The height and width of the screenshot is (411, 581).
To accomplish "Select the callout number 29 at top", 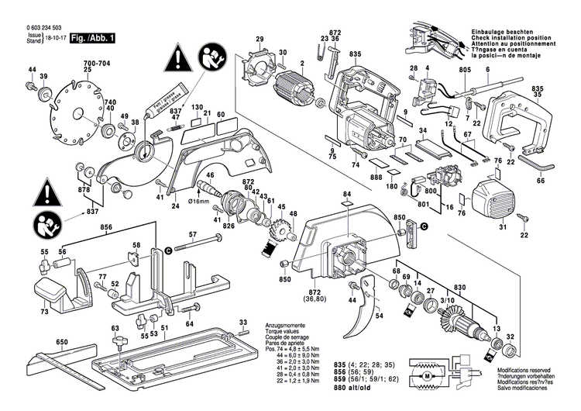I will pos(260,40).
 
